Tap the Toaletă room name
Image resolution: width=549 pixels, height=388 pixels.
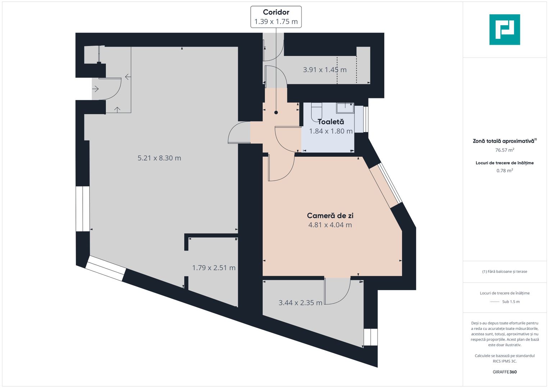tap(331, 122)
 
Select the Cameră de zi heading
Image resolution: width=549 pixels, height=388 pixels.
tap(330, 216)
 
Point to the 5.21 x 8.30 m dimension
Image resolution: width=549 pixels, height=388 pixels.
tap(159, 158)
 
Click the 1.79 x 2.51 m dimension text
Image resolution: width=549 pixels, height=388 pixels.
tap(214, 268)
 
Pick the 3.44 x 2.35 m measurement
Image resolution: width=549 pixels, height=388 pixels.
tap(301, 303)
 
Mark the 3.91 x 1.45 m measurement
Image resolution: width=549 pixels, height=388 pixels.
tap(325, 70)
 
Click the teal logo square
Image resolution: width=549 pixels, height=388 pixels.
tap(505, 29)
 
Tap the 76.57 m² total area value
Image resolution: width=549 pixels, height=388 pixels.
tap(505, 150)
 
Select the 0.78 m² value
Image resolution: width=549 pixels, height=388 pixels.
tap(505, 171)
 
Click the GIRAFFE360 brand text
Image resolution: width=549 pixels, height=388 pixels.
tap(505, 372)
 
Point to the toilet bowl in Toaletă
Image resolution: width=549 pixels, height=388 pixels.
tap(316, 112)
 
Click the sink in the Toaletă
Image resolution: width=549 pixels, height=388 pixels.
tap(345, 108)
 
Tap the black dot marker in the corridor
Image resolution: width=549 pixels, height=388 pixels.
tap(276, 112)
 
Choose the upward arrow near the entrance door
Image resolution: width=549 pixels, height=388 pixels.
tap(118, 110)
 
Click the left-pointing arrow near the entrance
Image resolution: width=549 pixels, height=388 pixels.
tap(128, 77)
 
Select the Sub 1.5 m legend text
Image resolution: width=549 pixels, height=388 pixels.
tap(511, 302)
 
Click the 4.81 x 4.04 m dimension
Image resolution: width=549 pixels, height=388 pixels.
tap(330, 225)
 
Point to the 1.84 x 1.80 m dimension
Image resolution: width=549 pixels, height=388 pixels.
tap(331, 131)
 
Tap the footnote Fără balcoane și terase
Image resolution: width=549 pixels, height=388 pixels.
tap(505, 272)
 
